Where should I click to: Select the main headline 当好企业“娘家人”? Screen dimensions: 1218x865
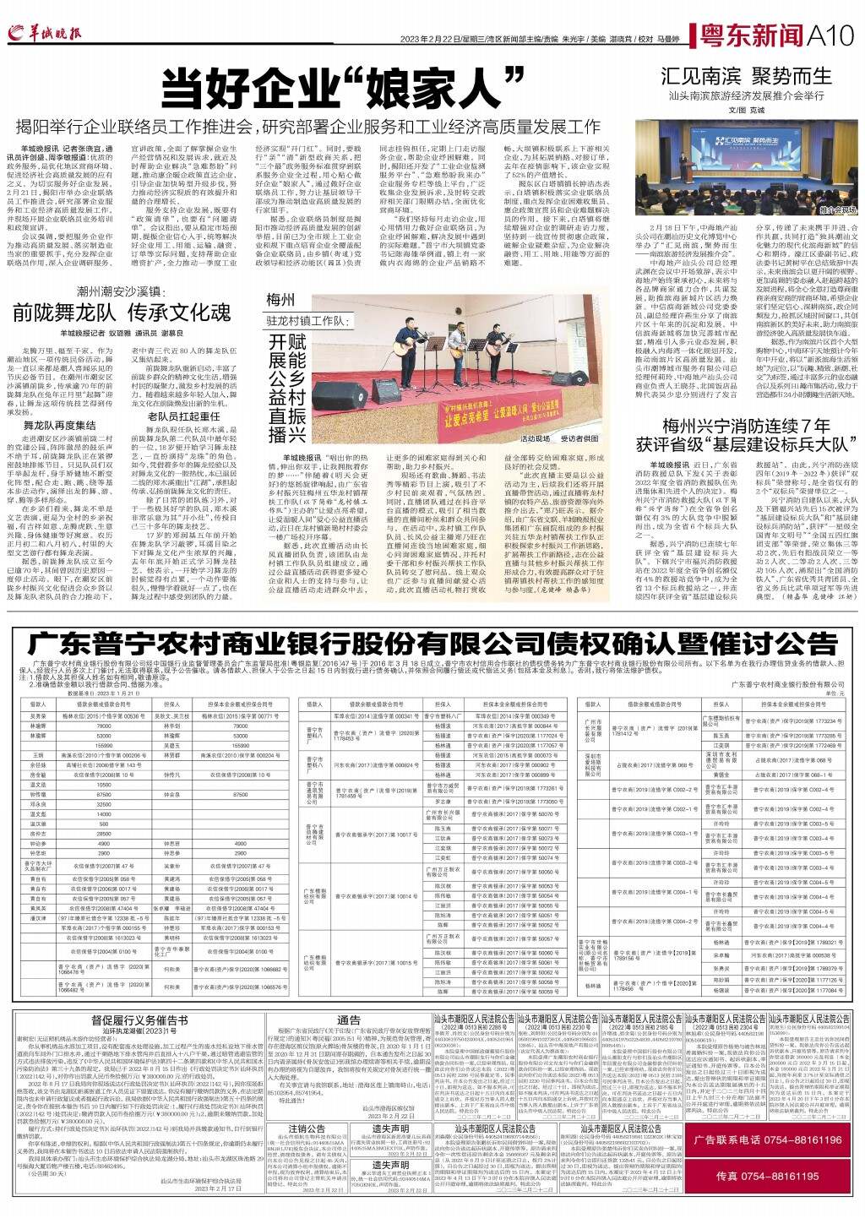(x=339, y=87)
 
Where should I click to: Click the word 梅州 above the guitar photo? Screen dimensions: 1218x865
(x=280, y=301)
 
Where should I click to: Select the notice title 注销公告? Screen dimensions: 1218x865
(x=306, y=1128)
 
